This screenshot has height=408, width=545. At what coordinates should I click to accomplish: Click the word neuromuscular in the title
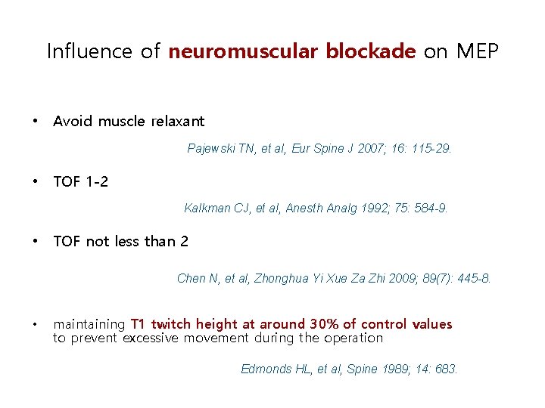(x=244, y=52)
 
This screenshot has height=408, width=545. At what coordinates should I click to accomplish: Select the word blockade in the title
(x=370, y=52)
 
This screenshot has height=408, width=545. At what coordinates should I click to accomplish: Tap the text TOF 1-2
(x=80, y=181)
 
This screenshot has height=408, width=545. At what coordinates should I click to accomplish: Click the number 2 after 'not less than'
(x=184, y=242)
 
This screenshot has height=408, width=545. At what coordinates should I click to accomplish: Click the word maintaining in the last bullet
(x=89, y=325)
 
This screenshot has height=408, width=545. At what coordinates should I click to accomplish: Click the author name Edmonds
(x=265, y=369)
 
